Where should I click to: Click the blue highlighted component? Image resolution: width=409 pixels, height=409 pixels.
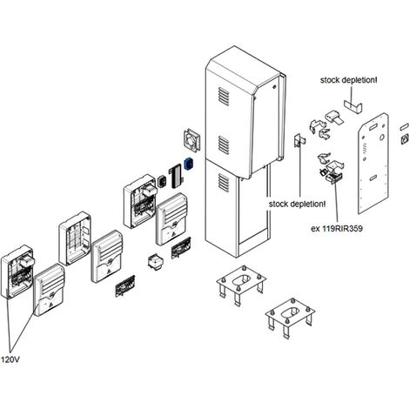(x=189, y=164)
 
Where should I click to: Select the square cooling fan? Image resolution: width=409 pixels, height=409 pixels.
(x=192, y=140)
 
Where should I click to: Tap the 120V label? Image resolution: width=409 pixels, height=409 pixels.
(x=10, y=359)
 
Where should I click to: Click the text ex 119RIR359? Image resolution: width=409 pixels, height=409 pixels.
(x=337, y=229)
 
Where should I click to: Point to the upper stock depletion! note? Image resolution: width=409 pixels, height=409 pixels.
(x=348, y=80)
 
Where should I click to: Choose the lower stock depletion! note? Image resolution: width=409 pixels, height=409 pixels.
(x=297, y=204)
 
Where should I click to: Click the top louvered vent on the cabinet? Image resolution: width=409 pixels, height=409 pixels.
(x=224, y=97)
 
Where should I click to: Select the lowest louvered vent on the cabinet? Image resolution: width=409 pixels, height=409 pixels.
(x=224, y=183)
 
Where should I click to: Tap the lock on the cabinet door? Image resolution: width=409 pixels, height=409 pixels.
(x=274, y=86)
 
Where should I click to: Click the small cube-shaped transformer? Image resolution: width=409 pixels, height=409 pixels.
(x=156, y=262)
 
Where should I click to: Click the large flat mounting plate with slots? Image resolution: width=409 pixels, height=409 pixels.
(x=373, y=164)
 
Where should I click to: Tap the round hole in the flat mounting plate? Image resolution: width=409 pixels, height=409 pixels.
(x=382, y=137)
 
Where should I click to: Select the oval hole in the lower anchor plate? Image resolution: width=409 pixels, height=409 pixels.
(x=290, y=312)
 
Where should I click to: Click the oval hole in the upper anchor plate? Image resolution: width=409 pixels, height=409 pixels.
(x=241, y=280)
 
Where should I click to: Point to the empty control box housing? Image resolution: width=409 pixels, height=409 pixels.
(x=75, y=238)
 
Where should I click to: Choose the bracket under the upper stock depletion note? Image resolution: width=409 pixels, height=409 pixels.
(x=352, y=107)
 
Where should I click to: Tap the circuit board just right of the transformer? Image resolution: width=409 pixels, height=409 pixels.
(x=181, y=248)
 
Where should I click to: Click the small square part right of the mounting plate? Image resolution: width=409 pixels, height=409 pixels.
(x=405, y=140)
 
